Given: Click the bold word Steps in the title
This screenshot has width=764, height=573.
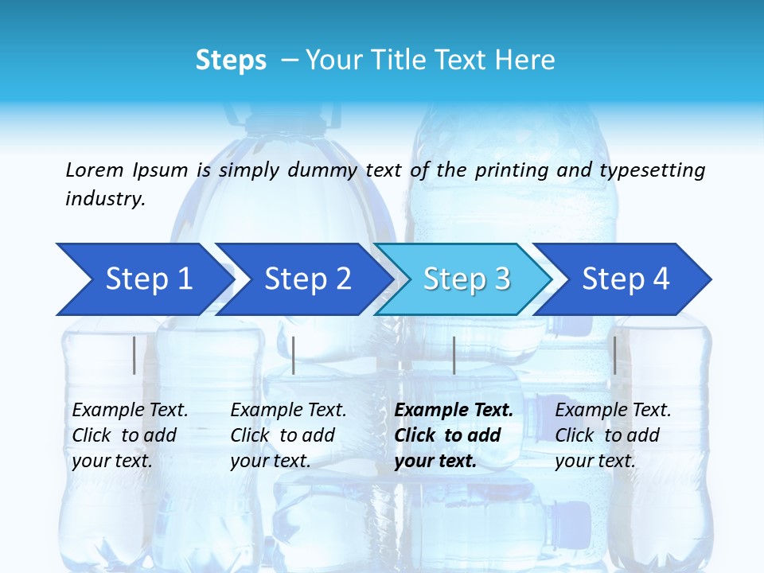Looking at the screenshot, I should pyautogui.click(x=231, y=60).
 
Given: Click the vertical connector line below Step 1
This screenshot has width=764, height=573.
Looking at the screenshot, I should pyautogui.click(x=134, y=355).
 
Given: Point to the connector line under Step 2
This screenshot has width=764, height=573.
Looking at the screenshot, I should pyautogui.click(x=294, y=355).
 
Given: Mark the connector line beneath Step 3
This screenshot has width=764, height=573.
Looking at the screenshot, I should pyautogui.click(x=454, y=355).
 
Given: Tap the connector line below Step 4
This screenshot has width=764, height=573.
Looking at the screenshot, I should pyautogui.click(x=614, y=355).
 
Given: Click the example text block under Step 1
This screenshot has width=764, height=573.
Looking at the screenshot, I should pyautogui.click(x=130, y=435).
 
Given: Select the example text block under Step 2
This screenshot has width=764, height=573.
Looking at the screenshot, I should pyautogui.click(x=288, y=435).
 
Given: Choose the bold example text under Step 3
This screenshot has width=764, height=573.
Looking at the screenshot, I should pyautogui.click(x=454, y=435).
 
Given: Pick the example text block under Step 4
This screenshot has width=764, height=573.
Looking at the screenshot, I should pyautogui.click(x=613, y=435).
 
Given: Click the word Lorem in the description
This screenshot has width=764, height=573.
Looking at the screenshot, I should pyautogui.click(x=94, y=170).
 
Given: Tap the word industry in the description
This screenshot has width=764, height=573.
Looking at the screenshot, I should pyautogui.click(x=105, y=198).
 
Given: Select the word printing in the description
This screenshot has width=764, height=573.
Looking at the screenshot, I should pyautogui.click(x=510, y=170).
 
